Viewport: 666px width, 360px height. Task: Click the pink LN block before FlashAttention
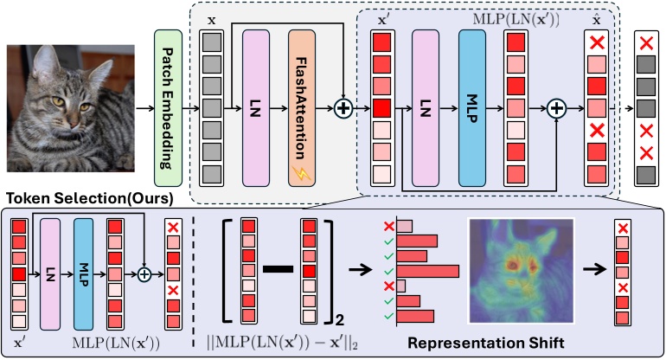click(258, 108)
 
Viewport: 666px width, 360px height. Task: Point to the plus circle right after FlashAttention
click(344, 109)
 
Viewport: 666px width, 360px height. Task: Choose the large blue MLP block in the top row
click(471, 108)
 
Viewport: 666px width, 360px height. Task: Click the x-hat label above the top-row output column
click(595, 18)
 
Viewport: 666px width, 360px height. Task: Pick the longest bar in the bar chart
click(427, 271)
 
